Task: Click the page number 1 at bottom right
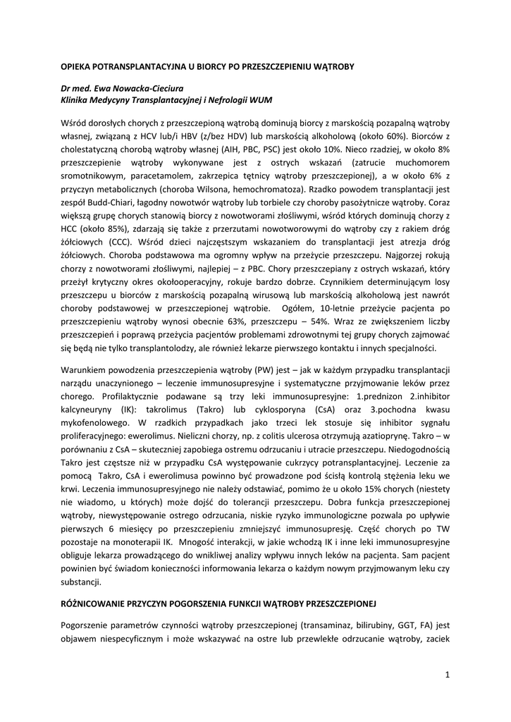point(447,675)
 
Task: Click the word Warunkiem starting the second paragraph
point(85,370)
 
